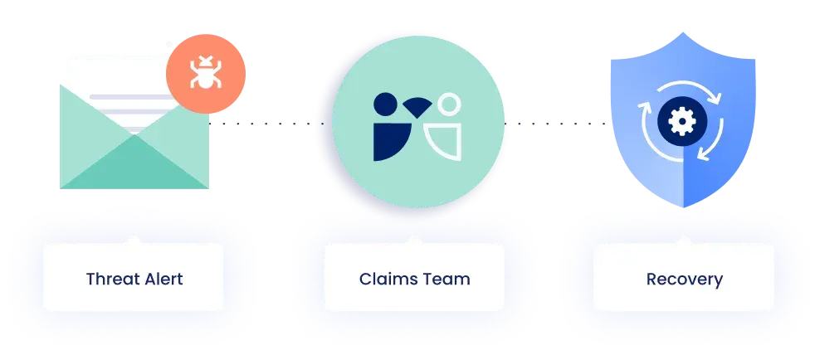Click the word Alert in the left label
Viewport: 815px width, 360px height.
coord(160,279)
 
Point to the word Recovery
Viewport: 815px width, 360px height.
coord(684,279)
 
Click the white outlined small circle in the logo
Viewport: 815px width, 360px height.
coord(448,105)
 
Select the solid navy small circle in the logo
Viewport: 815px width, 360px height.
coord(385,104)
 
